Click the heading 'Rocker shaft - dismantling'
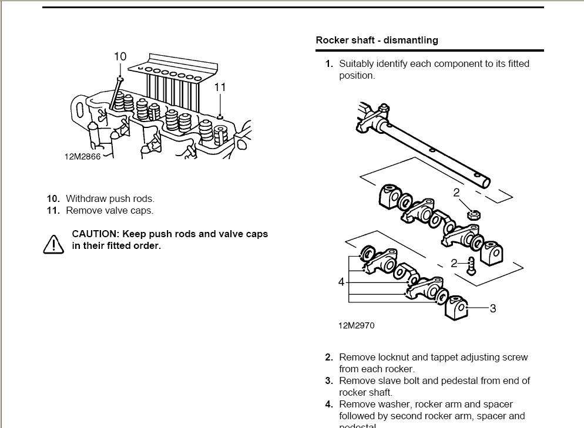377,41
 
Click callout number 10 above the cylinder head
120,56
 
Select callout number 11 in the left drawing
220,87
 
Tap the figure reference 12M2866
82,157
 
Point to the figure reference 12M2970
356,325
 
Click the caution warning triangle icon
53,244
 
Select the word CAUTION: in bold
95,234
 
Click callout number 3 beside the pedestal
492,308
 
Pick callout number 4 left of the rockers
341,282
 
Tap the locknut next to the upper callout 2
472,214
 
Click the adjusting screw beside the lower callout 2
471,265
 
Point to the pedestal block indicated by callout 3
457,308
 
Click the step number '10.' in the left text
53,198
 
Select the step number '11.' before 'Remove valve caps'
53,210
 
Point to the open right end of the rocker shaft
485,182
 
